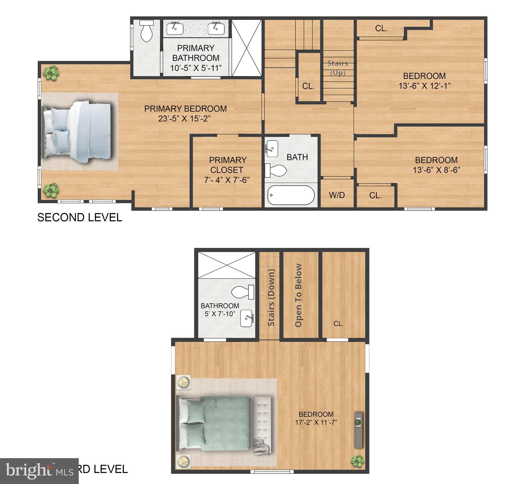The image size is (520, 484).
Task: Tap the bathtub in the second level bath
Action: coord(291,195)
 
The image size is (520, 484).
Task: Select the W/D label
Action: coord(337,195)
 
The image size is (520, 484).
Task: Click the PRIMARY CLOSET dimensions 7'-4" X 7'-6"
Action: coord(226,180)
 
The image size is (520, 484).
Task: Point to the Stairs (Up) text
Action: coord(338,68)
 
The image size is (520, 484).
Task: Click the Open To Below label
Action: coord(299,295)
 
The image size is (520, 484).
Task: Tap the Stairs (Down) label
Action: coord(271,297)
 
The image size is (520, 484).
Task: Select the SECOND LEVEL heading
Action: coord(80,217)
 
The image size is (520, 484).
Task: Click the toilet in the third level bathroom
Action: coord(243,292)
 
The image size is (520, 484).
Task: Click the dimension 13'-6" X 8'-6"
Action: coord(437,170)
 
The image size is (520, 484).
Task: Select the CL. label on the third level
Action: coord(339,324)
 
